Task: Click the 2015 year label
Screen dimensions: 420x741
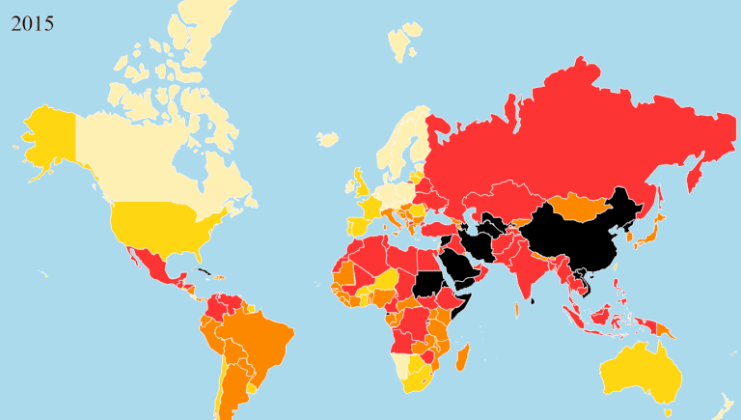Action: [x=32, y=21]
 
